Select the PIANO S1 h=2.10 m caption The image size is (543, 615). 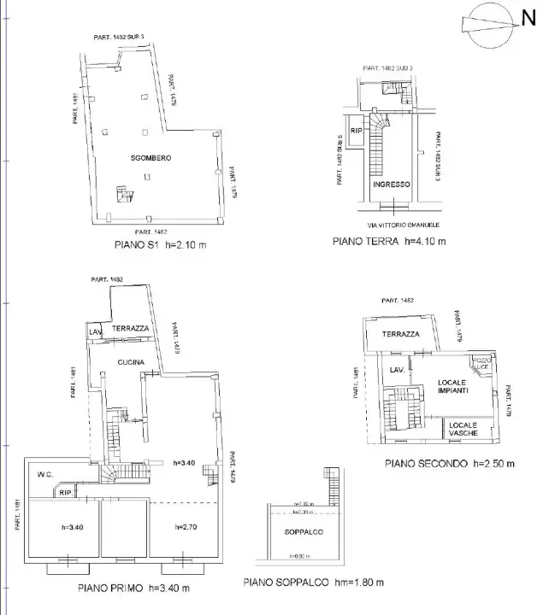pos(161,244)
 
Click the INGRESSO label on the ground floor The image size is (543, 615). pos(392,184)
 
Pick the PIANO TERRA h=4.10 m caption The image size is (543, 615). pos(388,242)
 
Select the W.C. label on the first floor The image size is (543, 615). pos(46,475)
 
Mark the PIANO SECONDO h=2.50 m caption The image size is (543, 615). pos(449,466)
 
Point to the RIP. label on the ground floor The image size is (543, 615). pos(357,131)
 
